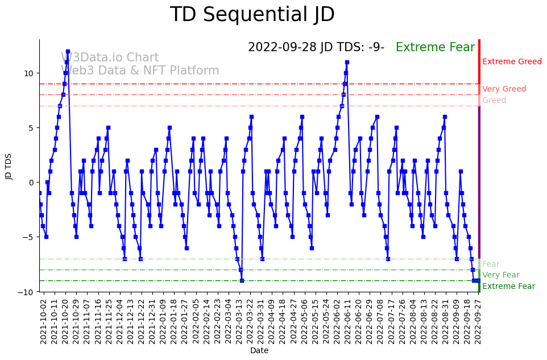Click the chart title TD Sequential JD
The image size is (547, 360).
click(x=252, y=15)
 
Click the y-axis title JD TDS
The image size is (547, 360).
click(x=9, y=165)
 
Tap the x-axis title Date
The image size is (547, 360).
click(x=259, y=351)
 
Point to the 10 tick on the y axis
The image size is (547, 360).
click(x=28, y=73)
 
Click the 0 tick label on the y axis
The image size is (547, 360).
click(x=31, y=183)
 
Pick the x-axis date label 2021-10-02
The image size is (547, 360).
click(x=44, y=322)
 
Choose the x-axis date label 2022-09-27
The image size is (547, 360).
click(x=479, y=322)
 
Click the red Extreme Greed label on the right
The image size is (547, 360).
click(x=512, y=62)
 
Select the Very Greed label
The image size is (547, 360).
click(x=504, y=89)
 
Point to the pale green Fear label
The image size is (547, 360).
click(x=491, y=264)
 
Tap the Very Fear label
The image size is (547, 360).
click(x=500, y=275)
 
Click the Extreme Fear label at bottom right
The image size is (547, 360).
click(x=508, y=287)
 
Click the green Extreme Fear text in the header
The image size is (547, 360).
click(x=435, y=48)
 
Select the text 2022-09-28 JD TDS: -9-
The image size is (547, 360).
click(x=316, y=48)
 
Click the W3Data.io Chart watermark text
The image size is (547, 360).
click(x=110, y=58)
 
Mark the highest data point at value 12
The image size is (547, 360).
click(x=68, y=52)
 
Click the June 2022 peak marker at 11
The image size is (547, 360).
click(x=347, y=63)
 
